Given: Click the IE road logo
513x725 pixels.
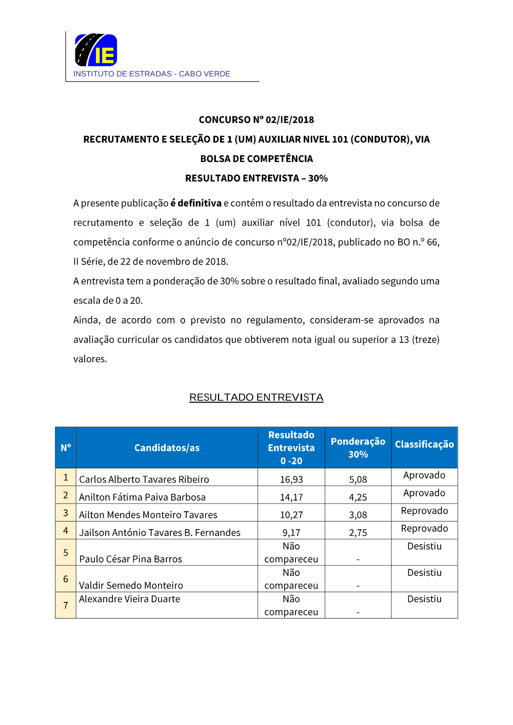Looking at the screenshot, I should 96,50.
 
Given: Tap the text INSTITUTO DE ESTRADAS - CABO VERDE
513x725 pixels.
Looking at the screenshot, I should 152,74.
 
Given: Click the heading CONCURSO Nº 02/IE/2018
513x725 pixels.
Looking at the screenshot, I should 256,120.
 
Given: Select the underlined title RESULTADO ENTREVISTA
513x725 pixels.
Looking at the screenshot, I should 256,397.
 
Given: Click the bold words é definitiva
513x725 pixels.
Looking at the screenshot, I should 196,203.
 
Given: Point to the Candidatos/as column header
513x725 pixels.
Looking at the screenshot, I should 167,448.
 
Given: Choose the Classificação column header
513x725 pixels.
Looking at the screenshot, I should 424,445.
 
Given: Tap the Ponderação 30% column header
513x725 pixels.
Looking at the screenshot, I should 358,448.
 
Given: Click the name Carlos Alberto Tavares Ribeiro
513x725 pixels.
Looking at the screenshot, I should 144,479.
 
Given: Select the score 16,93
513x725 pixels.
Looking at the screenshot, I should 291,479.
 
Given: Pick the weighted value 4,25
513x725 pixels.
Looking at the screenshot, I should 358,497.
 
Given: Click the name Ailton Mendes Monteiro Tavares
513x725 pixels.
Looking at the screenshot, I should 148,515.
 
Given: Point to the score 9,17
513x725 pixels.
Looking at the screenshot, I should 291,533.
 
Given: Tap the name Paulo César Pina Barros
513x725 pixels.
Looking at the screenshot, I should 131,559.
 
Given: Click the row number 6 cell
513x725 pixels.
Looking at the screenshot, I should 66,579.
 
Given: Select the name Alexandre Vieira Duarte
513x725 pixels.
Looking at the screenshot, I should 130,599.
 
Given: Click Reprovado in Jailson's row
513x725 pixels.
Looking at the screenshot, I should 424,529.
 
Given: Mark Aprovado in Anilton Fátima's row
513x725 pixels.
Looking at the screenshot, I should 424,493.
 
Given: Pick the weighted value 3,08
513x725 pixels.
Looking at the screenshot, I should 358,515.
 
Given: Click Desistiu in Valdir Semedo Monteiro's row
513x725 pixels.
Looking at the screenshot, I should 424,573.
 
